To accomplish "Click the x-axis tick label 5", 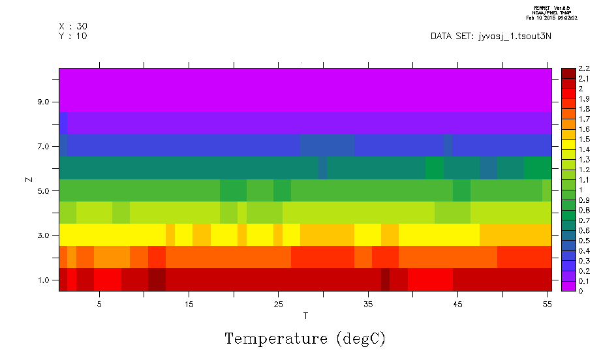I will tap(99, 305).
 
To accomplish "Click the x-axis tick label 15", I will tap(189, 305).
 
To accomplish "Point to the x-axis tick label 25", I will tap(278, 305).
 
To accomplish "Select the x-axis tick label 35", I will tap(368, 305).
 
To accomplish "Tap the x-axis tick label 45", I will tap(457, 305).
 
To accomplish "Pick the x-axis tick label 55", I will tap(547, 305).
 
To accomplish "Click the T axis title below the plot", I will tap(305, 316).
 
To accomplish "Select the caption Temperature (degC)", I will tap(305, 339).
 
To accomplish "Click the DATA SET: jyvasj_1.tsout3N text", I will tap(491, 37).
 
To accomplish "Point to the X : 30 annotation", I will tap(72, 26).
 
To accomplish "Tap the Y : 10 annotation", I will tap(72, 36).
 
